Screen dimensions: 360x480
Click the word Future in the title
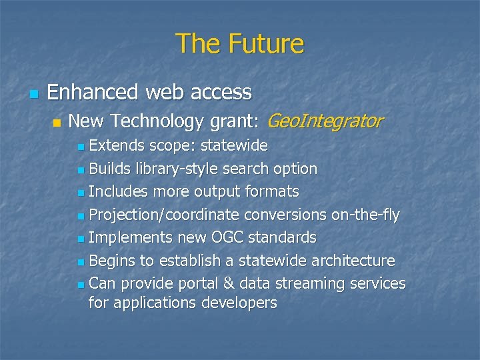266,44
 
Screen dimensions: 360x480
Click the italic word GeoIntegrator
325,121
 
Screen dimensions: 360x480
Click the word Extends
117,145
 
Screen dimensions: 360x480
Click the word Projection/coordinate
164,215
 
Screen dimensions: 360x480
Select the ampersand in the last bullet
229,283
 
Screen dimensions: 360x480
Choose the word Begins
113,260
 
